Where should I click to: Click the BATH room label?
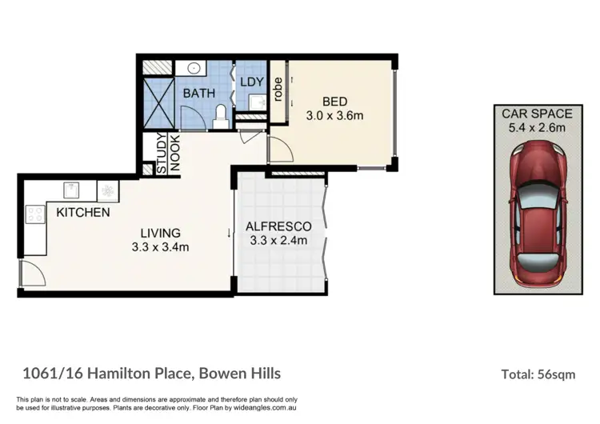click(199, 93)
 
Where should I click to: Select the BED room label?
click(334, 102)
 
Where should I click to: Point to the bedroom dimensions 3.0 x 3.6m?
click(334, 115)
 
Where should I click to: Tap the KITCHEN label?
click(82, 213)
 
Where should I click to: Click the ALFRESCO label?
click(278, 226)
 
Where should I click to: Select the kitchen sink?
click(72, 191)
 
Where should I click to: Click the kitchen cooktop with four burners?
click(35, 214)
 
